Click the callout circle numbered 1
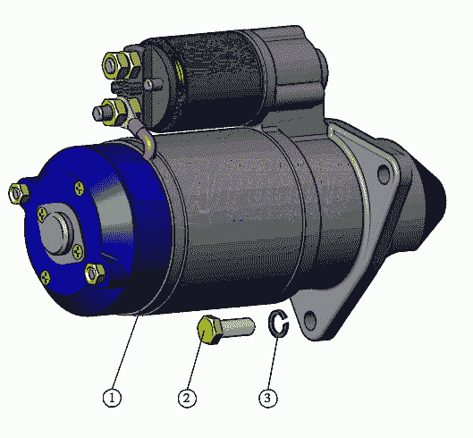coord(112,398)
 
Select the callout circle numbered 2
coord(187,398)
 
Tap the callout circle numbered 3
coord(268,398)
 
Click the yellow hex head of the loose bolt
coord(208,330)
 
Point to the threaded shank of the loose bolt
coord(239,327)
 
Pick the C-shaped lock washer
coord(278,324)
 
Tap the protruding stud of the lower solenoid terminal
coord(99,114)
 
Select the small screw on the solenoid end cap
coord(148,85)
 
